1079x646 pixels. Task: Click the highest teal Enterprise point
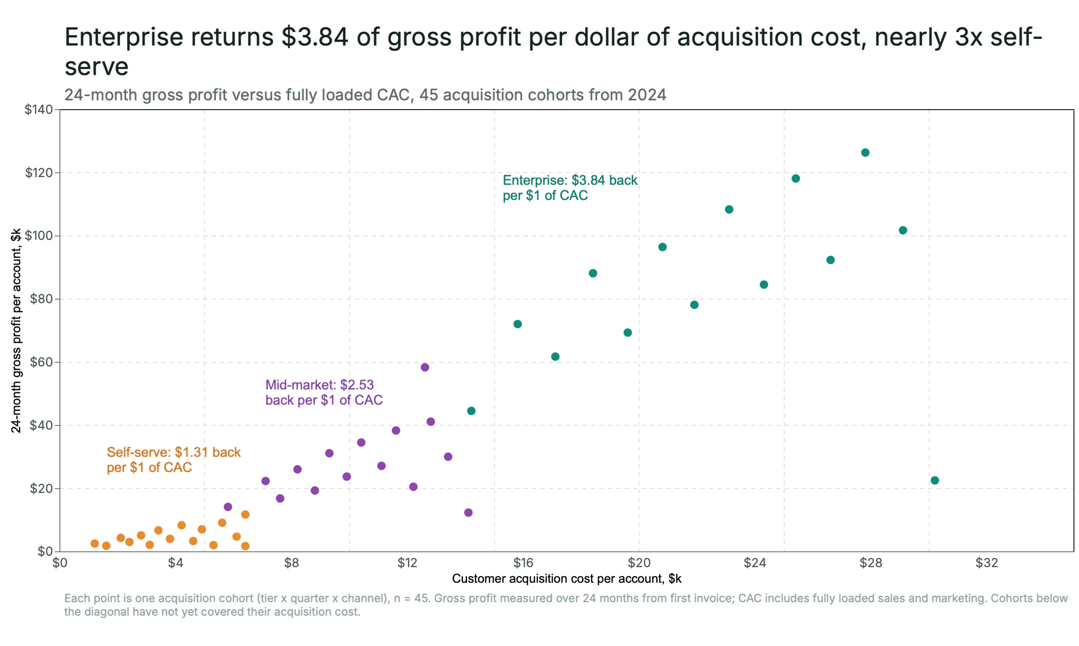[x=865, y=152]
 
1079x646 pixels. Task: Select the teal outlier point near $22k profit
[x=934, y=480]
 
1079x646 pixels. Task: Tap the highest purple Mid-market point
[x=424, y=367]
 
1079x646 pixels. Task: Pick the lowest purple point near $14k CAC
[x=468, y=512]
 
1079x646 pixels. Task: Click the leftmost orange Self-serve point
[x=94, y=543]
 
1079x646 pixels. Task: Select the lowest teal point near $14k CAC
[x=471, y=411]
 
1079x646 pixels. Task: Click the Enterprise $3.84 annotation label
[x=569, y=188]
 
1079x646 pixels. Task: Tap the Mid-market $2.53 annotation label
[x=324, y=392]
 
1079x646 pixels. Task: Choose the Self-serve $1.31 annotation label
[x=174, y=460]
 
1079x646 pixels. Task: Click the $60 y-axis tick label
[x=41, y=362]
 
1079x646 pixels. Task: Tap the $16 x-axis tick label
[x=523, y=563]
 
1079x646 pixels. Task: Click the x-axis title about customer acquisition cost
[x=566, y=579]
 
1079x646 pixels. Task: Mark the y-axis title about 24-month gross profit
[x=16, y=331]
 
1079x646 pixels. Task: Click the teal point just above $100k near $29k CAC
[x=903, y=230]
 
